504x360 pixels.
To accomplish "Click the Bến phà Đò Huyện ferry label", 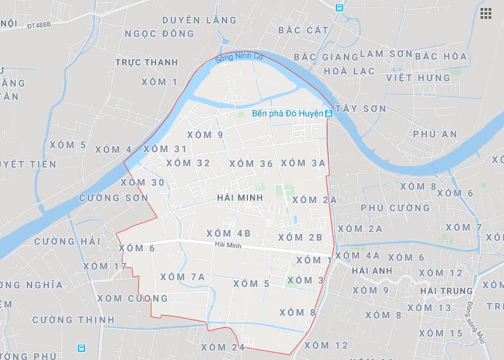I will (x=287, y=115).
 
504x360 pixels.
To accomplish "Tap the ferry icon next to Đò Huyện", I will (x=328, y=115).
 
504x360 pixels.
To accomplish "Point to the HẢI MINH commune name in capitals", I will (x=239, y=199).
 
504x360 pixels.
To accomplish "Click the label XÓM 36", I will (x=251, y=164).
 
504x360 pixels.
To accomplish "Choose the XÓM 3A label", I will (x=303, y=163).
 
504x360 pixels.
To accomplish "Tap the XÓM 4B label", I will (x=229, y=233).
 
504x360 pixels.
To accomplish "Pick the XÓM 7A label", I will (x=182, y=277).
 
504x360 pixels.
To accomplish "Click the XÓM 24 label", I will (x=223, y=347).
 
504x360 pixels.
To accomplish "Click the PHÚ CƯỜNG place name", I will (x=395, y=208).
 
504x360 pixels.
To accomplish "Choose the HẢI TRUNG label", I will (x=446, y=291).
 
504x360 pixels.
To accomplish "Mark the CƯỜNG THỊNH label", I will (x=73, y=320).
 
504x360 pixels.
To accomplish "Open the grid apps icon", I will (x=485, y=13).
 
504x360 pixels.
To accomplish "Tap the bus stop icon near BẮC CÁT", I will (x=339, y=7).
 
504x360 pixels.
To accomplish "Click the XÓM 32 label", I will (x=188, y=163).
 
